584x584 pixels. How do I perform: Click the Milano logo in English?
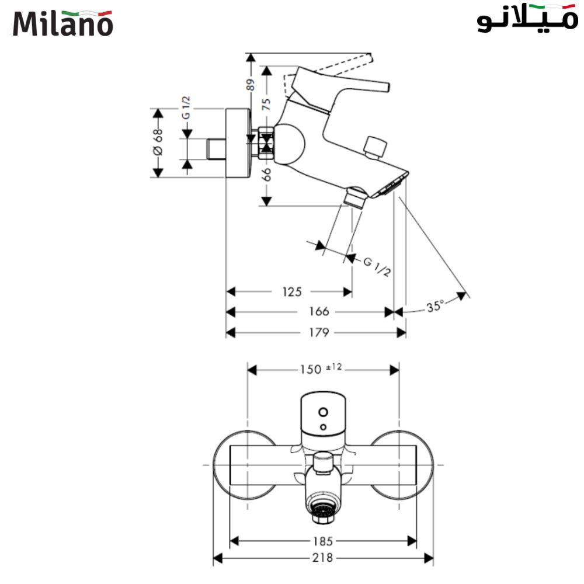coord(62,23)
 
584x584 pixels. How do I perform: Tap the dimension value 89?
coord(250,85)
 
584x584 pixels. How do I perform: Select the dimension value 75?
coord(266,105)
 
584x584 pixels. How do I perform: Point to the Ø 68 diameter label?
coord(158,142)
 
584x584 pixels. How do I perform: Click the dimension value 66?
coord(266,175)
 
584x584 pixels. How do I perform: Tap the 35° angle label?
coord(434,305)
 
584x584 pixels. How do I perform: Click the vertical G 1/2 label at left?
coord(186,108)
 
